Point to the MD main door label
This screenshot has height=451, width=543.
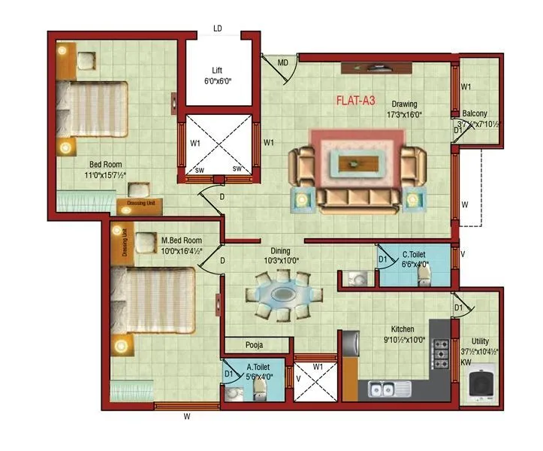tap(283, 62)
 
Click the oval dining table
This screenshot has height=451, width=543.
tap(282, 292)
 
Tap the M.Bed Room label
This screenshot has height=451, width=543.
tap(180, 241)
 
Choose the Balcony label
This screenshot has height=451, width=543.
tap(475, 114)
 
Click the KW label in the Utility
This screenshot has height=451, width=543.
tap(466, 361)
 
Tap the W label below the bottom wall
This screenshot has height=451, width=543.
tap(186, 414)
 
